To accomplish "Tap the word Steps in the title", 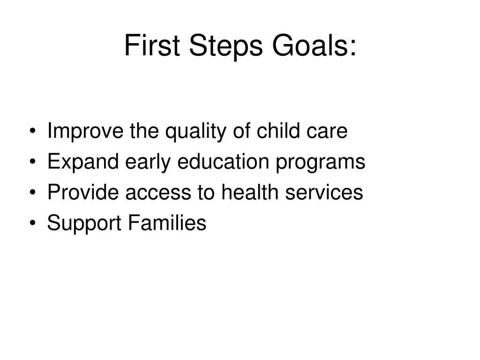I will tap(217, 47).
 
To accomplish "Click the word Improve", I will tap(82, 132).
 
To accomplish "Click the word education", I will tap(217, 163).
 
